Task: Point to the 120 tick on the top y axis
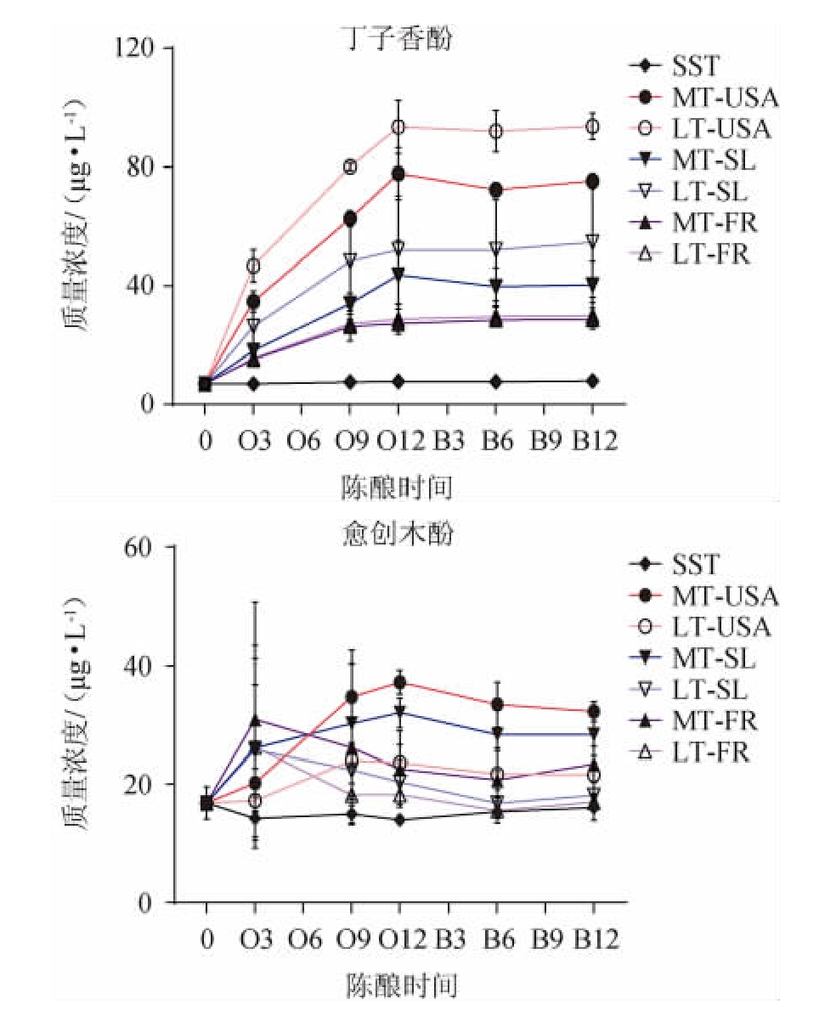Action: click(139, 48)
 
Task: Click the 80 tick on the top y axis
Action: click(147, 166)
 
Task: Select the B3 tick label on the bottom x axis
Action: click(449, 940)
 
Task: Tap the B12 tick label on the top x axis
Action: click(594, 443)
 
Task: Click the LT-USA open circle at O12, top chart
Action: click(398, 127)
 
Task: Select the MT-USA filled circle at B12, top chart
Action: click(593, 181)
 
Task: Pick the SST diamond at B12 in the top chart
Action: click(593, 381)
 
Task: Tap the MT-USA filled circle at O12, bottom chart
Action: click(398, 682)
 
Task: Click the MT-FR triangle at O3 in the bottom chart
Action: click(254, 720)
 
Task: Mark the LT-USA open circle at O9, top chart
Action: click(350, 166)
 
